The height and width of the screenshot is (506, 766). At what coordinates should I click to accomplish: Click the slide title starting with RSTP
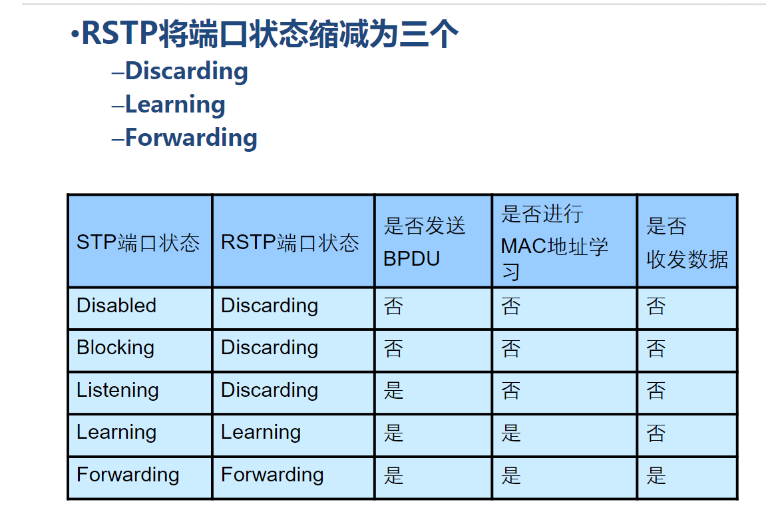tap(270, 34)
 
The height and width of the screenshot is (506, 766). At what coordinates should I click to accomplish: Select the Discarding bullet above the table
tap(186, 71)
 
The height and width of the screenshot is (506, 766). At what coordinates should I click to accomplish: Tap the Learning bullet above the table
tap(175, 105)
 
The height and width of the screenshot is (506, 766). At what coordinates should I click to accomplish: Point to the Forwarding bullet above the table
tap(191, 138)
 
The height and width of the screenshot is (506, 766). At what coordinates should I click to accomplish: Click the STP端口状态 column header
tap(138, 242)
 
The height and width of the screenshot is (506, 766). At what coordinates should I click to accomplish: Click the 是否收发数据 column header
tap(687, 242)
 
